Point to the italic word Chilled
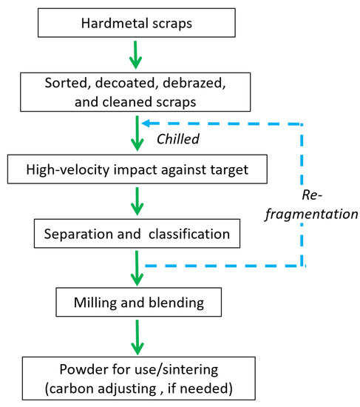coord(178,138)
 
